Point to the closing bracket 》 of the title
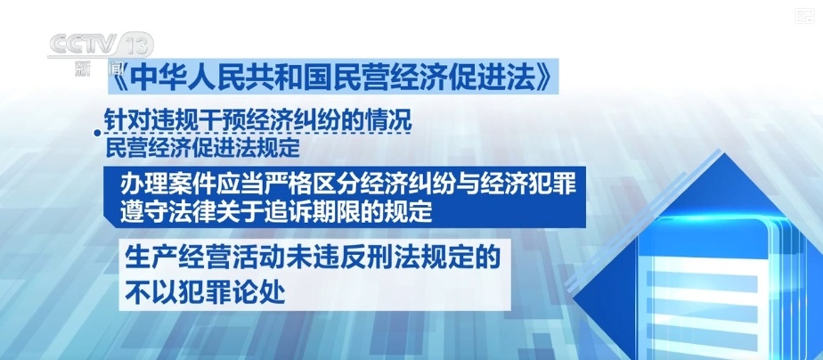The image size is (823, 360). click(x=552, y=81)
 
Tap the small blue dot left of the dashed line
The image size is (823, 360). click(x=97, y=133)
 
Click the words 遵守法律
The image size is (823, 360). click(x=161, y=212)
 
